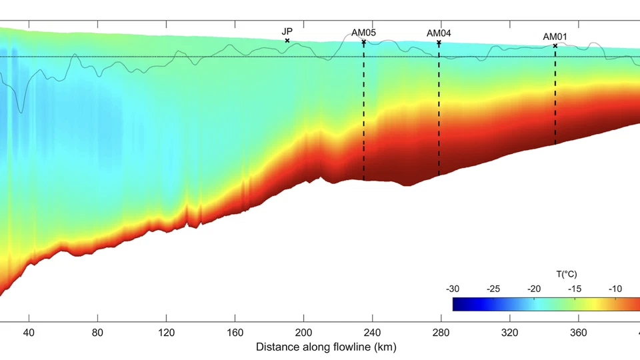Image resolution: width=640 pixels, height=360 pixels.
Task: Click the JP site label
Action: point(287,31)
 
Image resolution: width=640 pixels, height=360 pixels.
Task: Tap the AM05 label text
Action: point(364,32)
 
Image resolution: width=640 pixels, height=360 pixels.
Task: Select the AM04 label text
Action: point(439,33)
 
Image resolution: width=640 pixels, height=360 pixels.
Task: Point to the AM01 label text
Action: point(555,37)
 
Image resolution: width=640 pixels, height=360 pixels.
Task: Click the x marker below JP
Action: point(287,41)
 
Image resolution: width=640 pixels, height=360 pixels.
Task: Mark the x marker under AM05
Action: point(364,42)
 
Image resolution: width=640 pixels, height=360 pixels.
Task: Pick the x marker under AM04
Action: point(439,43)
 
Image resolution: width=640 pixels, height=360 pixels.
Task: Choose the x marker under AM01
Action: point(555,46)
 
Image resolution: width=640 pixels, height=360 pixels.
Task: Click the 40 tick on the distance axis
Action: point(29,332)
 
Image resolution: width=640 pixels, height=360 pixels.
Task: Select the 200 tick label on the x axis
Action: point(303,332)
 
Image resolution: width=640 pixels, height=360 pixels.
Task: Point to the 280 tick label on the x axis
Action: point(441,332)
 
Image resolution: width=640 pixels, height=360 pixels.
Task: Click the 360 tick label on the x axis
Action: point(578,332)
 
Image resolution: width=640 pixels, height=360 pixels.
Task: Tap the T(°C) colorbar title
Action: point(566,274)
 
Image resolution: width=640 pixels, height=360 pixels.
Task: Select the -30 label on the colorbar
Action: point(453,289)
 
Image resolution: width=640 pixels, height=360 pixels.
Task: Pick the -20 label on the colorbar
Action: point(534,289)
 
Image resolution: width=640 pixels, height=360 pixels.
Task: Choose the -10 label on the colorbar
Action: point(615,289)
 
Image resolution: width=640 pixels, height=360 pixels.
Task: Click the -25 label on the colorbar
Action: point(493,289)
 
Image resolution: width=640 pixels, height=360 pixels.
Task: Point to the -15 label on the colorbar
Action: point(575,289)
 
